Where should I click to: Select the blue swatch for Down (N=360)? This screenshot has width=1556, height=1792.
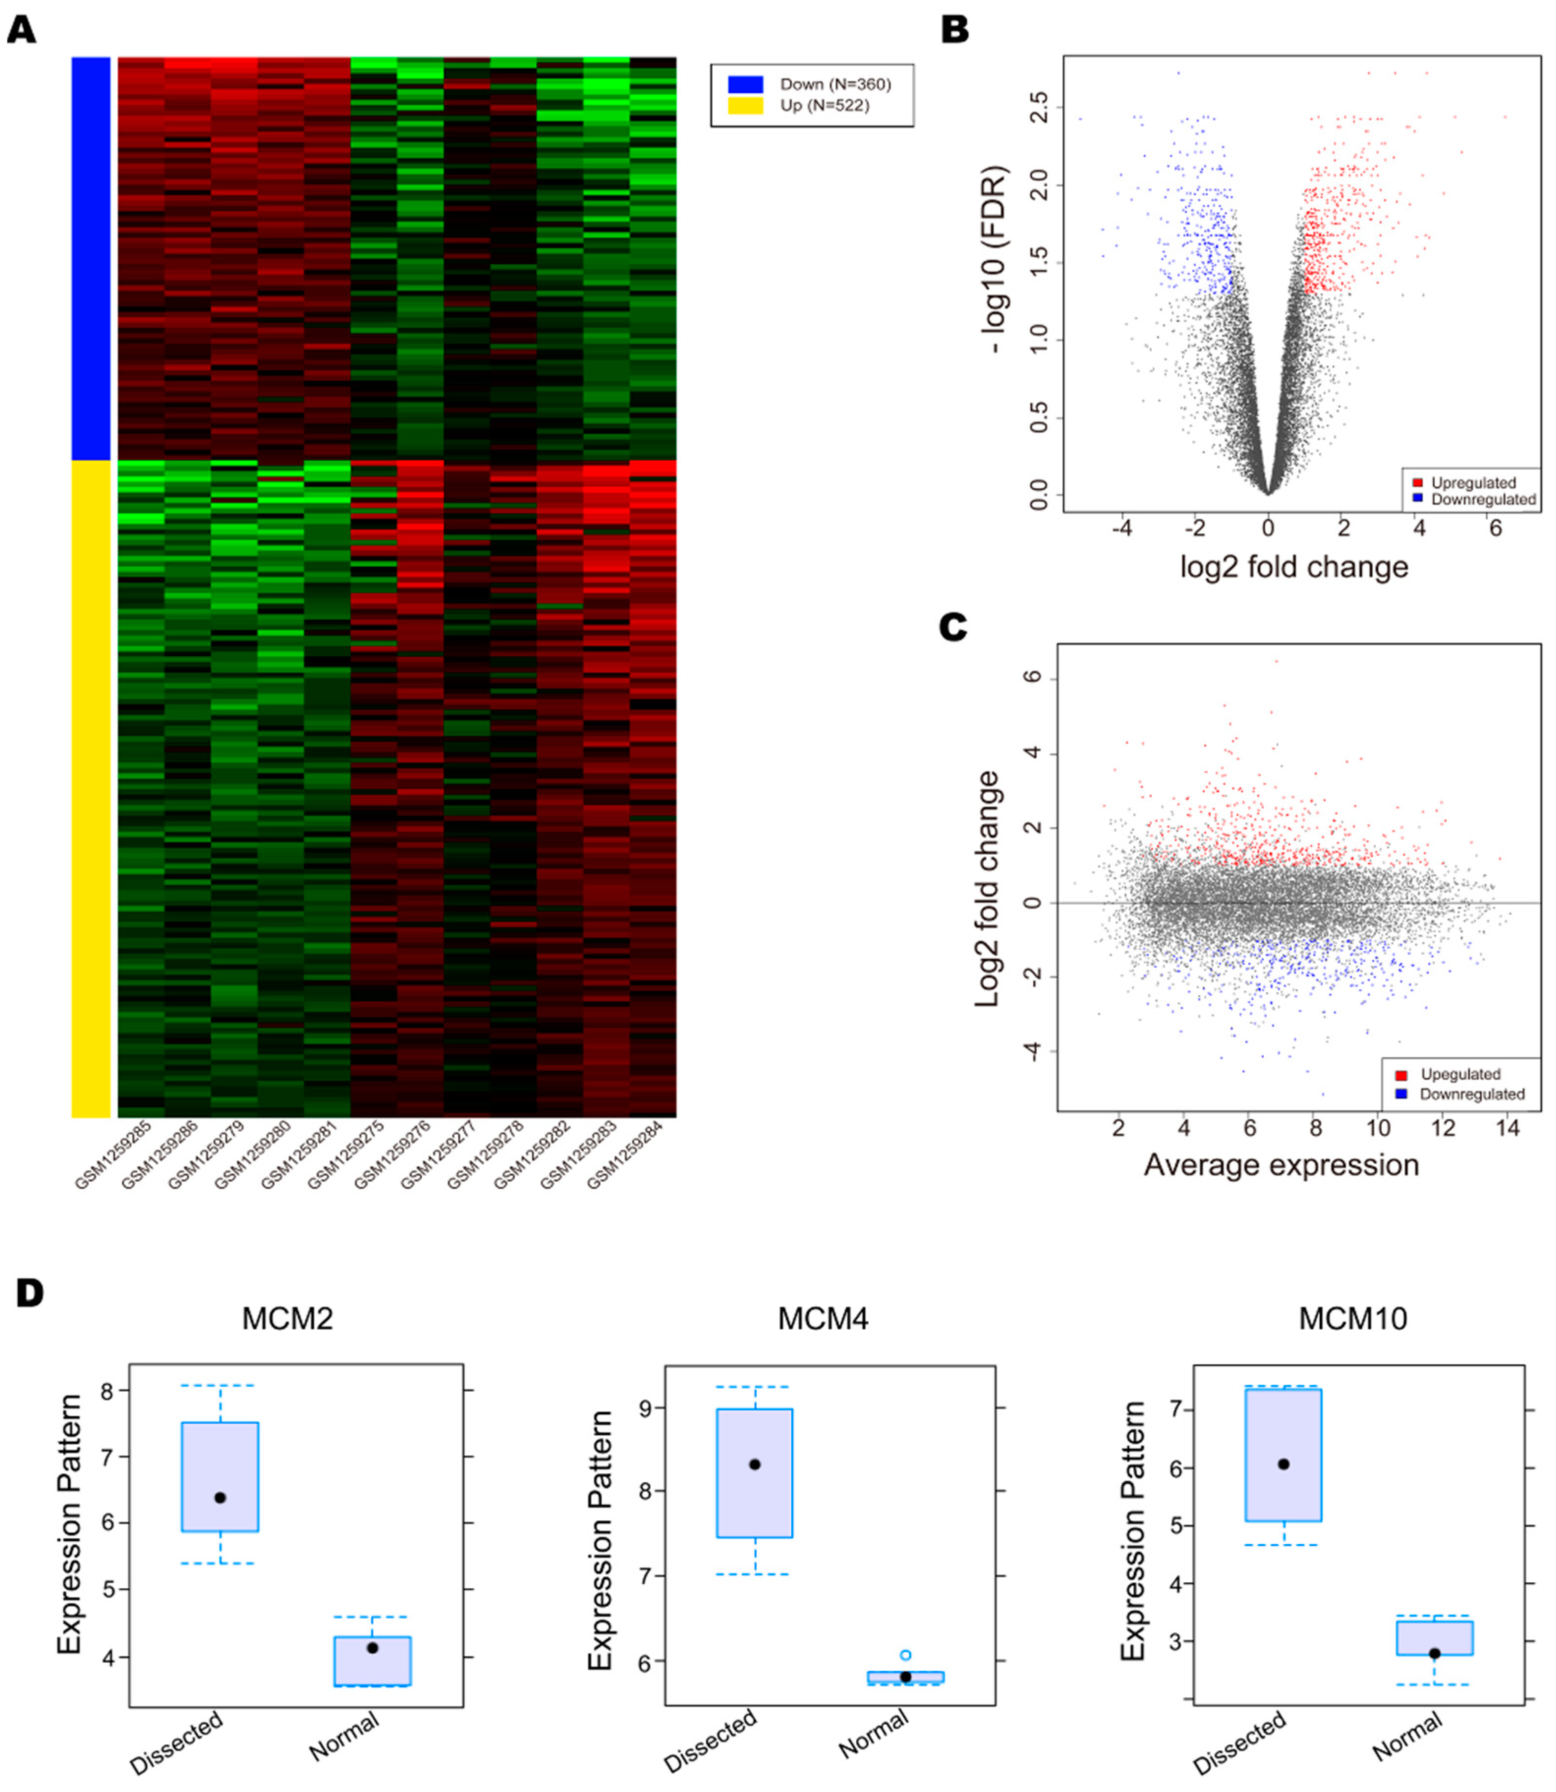(x=745, y=84)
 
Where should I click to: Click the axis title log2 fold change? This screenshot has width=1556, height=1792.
(x=1294, y=567)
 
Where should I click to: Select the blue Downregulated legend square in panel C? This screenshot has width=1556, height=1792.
(x=1401, y=1094)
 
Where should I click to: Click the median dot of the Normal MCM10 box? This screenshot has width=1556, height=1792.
(x=1434, y=1654)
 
